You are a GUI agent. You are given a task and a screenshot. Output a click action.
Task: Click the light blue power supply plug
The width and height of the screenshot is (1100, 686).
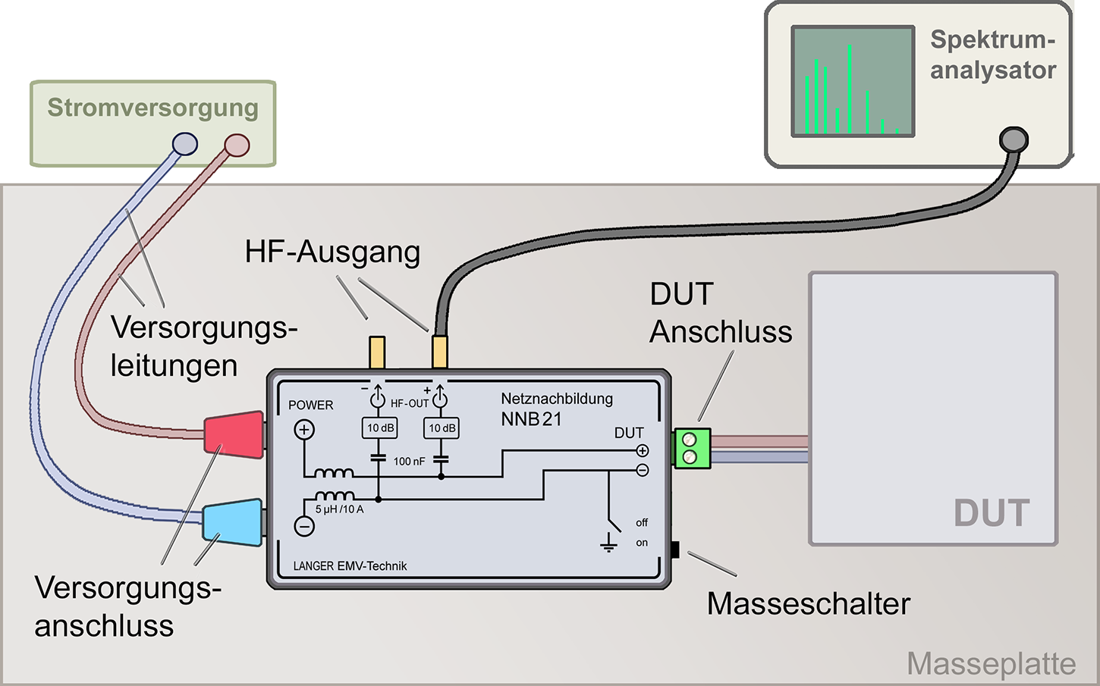coord(233,522)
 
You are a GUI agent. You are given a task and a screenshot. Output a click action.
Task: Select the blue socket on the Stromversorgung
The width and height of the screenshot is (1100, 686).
coord(184,143)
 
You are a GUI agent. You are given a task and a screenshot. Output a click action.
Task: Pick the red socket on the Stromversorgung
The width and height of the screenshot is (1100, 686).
coord(237,145)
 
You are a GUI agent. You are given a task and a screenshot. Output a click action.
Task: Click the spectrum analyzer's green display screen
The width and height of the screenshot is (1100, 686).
coord(852,81)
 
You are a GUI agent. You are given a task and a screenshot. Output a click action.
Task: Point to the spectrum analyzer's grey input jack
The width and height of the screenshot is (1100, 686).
coord(1014,139)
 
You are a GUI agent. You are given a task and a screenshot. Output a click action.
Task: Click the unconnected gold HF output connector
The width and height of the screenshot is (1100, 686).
coord(376,352)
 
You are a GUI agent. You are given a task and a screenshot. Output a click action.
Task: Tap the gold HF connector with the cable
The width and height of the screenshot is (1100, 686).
coord(439,352)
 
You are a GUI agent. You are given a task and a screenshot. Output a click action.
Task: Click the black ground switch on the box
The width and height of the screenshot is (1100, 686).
coord(674,550)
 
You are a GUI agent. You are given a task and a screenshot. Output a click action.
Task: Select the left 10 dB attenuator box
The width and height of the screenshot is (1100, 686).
coord(380,428)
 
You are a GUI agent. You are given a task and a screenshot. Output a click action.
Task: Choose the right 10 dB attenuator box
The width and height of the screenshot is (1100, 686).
coord(442,428)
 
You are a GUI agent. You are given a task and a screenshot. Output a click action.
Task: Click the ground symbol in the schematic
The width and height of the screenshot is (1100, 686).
coord(608,543)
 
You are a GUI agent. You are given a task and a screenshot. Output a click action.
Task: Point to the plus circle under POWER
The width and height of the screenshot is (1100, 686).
coord(304,431)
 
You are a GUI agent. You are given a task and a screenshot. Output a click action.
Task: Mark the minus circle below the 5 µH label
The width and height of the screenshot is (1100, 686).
coord(304,526)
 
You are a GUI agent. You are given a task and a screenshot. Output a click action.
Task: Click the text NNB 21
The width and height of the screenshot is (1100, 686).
coord(531,419)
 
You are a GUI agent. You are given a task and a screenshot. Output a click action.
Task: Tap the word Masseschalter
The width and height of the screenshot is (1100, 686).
coord(808,604)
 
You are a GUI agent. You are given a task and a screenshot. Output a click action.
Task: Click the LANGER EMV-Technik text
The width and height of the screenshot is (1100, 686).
coord(350,566)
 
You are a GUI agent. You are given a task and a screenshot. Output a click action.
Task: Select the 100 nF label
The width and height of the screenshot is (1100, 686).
coord(409,461)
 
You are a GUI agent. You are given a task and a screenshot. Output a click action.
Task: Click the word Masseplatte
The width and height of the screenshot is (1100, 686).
coord(991,664)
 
